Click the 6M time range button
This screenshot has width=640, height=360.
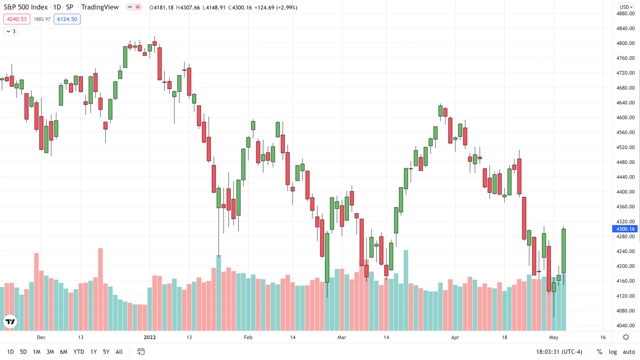coord(64,352)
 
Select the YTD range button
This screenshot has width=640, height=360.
coord(79,352)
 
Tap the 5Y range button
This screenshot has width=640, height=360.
coord(106,352)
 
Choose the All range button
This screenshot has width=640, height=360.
coord(119,352)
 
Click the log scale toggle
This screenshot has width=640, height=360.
coord(613,352)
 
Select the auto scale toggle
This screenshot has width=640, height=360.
coord(629,352)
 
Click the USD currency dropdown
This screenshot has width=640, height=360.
coord(626,7)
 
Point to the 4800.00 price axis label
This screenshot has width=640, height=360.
coord(626,43)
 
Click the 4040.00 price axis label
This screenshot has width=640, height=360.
coord(626,326)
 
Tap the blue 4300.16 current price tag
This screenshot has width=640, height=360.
coord(625,229)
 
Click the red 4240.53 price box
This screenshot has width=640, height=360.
coord(17,19)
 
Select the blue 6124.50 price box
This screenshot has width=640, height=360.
coord(67,19)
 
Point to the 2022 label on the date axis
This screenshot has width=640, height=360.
coord(150,337)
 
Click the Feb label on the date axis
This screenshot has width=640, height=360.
coord(248,337)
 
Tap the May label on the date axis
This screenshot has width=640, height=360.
coord(554,337)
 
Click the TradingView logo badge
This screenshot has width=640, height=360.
coord(10,322)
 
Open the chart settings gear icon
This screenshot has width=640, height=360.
coord(626,337)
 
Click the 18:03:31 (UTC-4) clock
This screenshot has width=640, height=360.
coord(559,352)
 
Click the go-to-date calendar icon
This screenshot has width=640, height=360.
coord(141,352)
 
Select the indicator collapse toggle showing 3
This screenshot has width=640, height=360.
coord(11,31)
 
